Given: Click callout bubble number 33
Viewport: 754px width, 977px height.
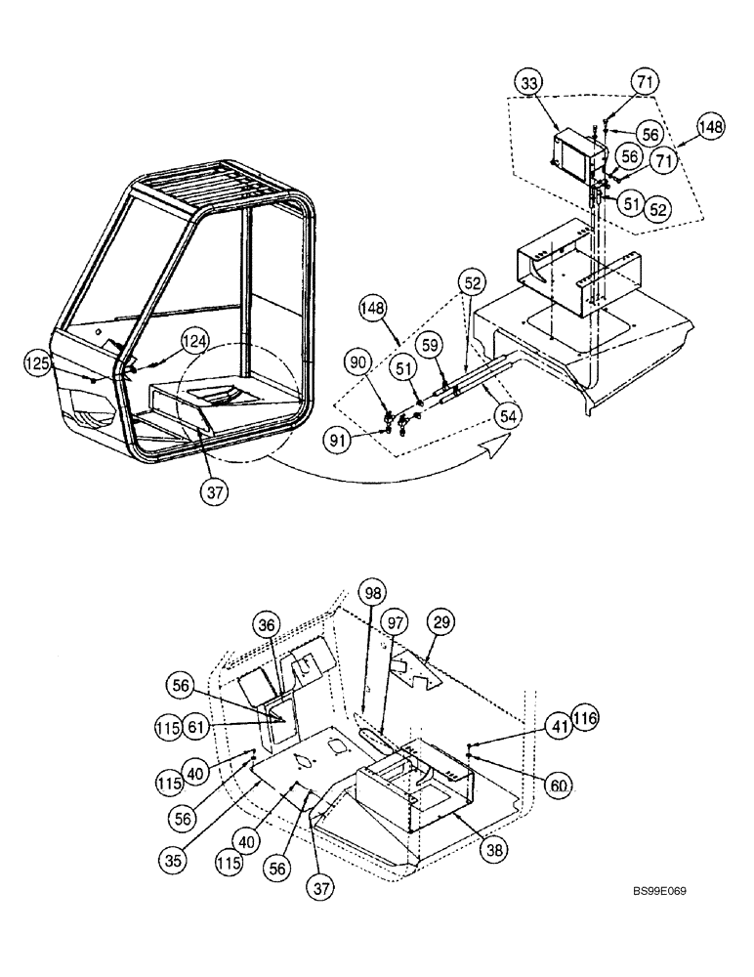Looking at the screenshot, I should [x=528, y=85].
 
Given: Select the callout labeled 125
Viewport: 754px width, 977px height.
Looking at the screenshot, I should [x=39, y=364].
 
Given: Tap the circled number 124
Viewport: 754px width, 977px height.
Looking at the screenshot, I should [x=194, y=341].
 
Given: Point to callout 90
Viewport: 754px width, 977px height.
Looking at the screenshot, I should [x=360, y=363].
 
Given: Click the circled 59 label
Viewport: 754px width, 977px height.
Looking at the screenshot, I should [x=431, y=346].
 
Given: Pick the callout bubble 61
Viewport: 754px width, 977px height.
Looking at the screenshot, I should [x=195, y=726].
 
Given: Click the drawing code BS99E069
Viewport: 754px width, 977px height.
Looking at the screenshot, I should [x=658, y=919].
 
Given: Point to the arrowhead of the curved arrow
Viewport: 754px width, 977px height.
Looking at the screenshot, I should [x=505, y=441].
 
